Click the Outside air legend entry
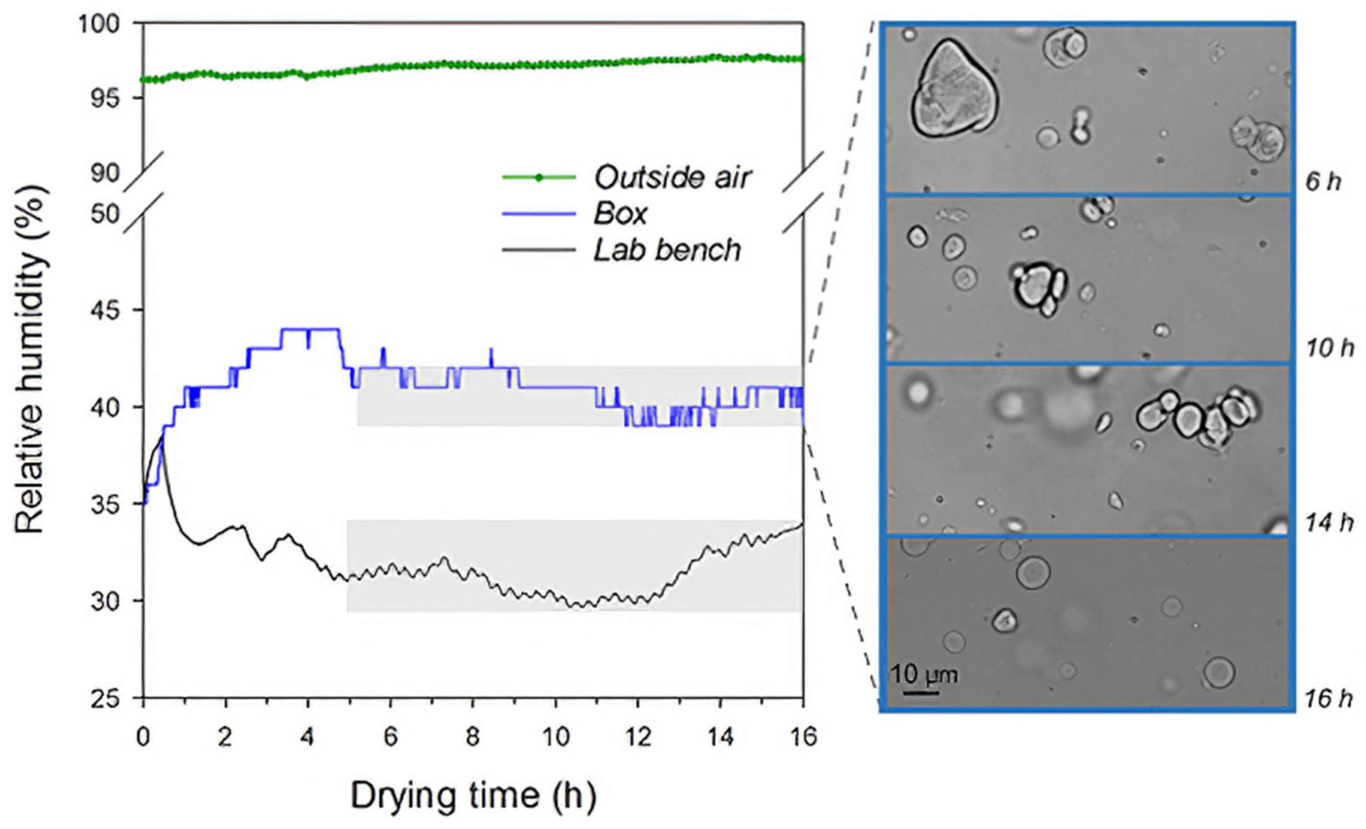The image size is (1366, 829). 672,178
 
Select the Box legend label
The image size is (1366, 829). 620,214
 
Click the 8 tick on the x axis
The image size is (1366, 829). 472,738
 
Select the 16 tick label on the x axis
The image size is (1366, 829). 802,738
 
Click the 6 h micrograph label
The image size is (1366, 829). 1323,182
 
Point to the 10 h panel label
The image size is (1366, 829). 1327,349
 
